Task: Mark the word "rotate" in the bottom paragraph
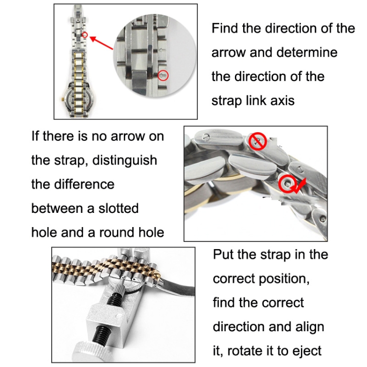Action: tap(253, 351)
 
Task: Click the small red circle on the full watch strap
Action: tap(85, 35)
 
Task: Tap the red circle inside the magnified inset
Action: tap(164, 75)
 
